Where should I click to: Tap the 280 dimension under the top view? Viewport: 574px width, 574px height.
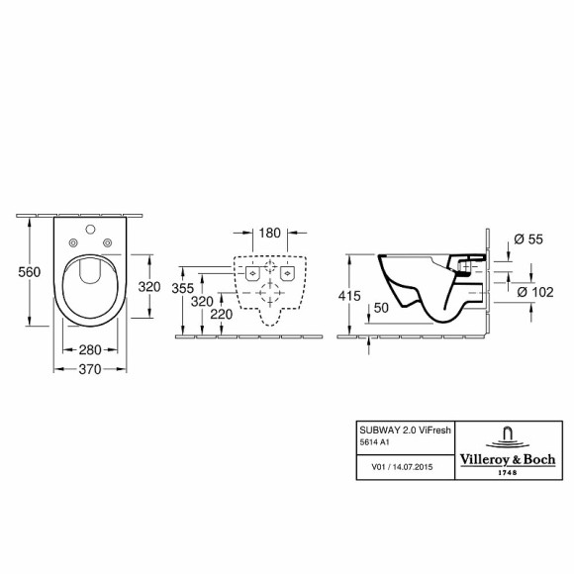pos(90,349)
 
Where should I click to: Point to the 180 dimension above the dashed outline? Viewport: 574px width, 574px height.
pos(269,235)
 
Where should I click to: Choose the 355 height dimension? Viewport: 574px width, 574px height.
pos(179,288)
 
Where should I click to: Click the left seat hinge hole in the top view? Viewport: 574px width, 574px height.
pos(75,245)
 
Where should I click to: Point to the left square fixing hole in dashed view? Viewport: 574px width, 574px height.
pos(252,272)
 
